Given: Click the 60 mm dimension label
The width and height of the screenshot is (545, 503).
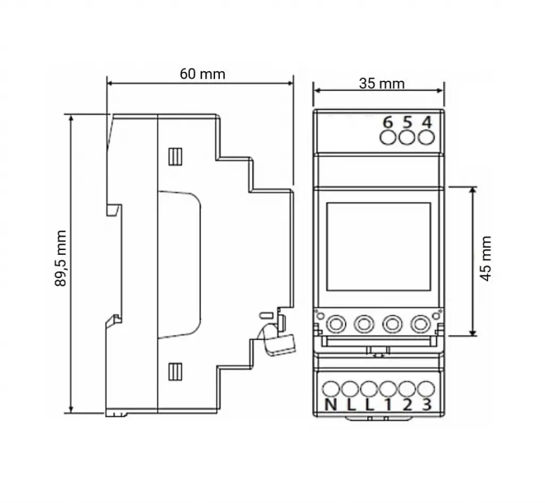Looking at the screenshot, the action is click(202, 74).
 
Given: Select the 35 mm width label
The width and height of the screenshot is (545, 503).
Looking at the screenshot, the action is click(382, 83).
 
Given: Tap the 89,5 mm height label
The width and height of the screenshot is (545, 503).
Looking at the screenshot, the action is click(61, 258).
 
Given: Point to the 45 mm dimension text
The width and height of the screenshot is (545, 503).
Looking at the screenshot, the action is click(485, 258).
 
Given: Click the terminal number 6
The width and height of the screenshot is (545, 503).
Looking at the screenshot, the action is click(387, 122).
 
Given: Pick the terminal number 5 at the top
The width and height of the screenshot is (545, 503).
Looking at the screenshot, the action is click(407, 122).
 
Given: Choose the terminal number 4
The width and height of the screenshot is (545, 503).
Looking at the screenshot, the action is click(426, 122).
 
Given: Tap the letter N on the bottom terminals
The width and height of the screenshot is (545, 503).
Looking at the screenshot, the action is click(331, 405).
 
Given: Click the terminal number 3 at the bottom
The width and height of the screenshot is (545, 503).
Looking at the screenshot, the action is click(427, 405).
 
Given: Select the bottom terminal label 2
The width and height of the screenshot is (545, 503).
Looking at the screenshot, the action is click(407, 405).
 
